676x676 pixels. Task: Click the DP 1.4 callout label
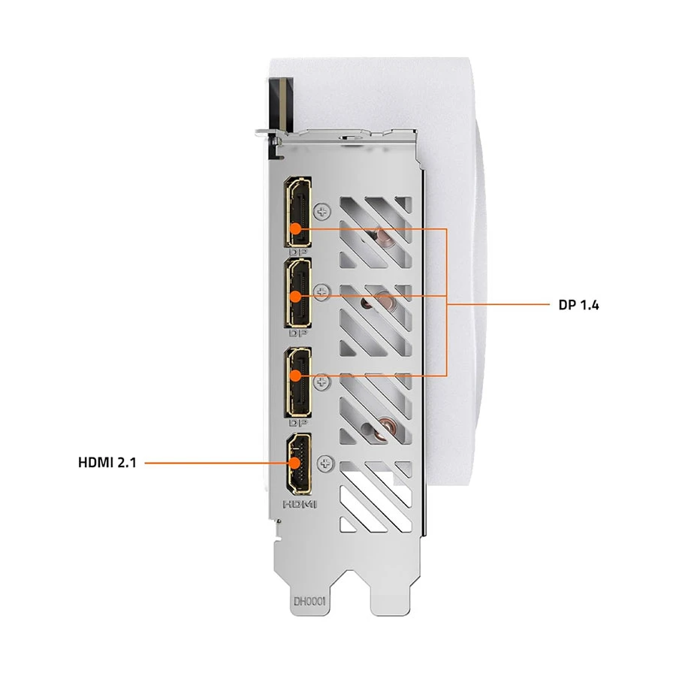578,305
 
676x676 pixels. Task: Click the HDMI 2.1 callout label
107,463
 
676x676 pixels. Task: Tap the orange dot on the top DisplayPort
295,228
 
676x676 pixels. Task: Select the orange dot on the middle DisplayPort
295,297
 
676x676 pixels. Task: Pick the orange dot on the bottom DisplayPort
295,376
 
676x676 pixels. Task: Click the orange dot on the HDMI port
295,463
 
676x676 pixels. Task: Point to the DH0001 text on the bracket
309,601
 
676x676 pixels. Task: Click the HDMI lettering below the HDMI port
300,504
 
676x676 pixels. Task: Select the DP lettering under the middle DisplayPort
298,333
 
